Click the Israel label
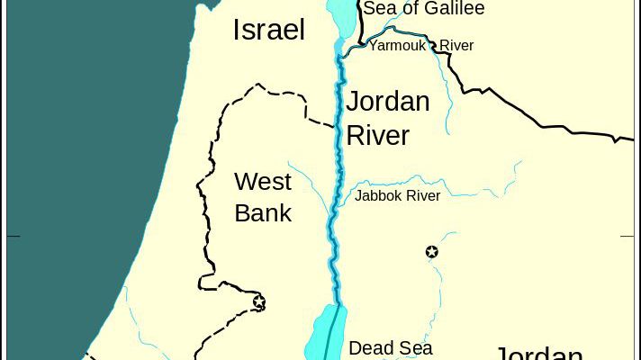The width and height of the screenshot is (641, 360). (x=268, y=30)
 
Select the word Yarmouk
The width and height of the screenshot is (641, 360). (x=397, y=45)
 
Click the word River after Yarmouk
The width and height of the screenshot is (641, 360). (x=456, y=45)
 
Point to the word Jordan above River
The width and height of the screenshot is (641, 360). (x=388, y=101)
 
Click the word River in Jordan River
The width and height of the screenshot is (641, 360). (x=378, y=135)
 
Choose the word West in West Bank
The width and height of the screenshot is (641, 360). (x=263, y=182)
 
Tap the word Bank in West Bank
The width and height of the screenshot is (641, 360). (x=263, y=213)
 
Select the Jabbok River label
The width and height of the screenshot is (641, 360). (x=397, y=195)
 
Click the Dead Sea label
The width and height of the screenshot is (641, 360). (x=390, y=347)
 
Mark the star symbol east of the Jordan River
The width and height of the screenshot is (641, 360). (x=431, y=252)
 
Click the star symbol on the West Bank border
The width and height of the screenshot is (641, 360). (x=259, y=301)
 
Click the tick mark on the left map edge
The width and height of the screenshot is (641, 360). (x=13, y=237)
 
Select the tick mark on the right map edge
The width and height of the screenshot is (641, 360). (x=627, y=237)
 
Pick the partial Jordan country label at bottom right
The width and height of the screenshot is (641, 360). (x=540, y=352)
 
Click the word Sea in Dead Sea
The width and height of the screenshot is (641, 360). (x=416, y=347)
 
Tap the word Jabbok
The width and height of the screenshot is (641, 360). (x=379, y=195)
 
